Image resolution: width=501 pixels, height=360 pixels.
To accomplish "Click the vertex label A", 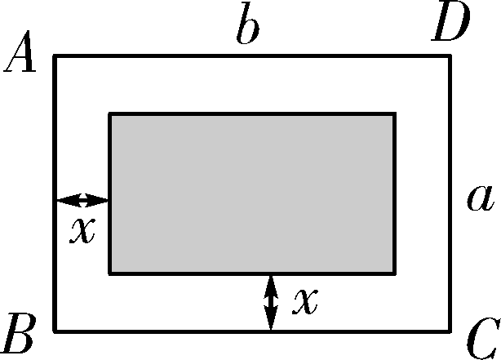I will click(x=21, y=57).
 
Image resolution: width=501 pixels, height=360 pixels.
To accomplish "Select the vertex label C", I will click(x=481, y=336).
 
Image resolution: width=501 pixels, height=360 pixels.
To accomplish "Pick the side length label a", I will click(x=480, y=198).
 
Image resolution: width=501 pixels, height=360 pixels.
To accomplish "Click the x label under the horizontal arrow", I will click(x=82, y=231).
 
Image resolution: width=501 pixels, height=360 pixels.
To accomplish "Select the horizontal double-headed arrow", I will click(x=82, y=200).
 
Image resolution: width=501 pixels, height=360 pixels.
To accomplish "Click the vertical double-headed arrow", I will click(x=272, y=303).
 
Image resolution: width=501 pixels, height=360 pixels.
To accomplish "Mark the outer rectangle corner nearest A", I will click(x=55, y=56).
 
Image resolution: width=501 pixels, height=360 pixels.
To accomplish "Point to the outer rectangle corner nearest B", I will click(x=55, y=331).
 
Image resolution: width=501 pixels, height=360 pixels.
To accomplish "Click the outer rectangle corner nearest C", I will click(x=450, y=331).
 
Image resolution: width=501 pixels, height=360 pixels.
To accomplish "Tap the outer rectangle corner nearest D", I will click(x=450, y=56).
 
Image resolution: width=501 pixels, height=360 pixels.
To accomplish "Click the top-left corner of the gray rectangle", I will click(x=110, y=114).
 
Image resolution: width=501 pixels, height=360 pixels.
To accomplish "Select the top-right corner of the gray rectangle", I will click(x=395, y=114).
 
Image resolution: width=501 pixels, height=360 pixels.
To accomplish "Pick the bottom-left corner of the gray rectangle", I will click(x=110, y=273).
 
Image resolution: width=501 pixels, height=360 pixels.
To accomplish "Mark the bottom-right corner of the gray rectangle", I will click(x=395, y=273).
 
